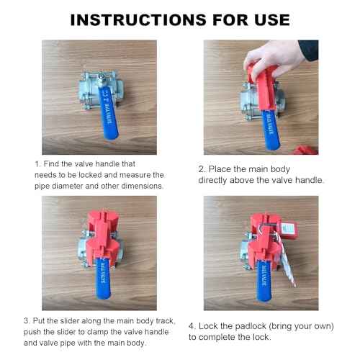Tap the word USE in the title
(x=263, y=19)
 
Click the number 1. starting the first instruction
(x=38, y=164)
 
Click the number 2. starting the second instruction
(x=202, y=168)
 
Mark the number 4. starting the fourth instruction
(x=192, y=325)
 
